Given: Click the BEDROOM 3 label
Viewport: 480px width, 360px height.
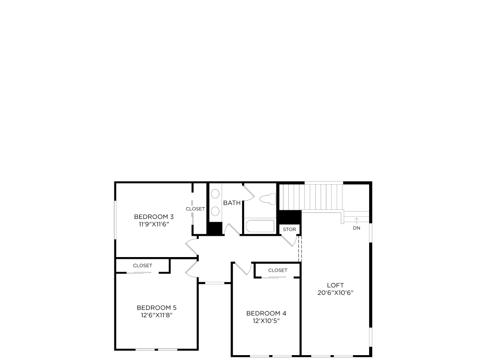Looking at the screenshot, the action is point(154,217).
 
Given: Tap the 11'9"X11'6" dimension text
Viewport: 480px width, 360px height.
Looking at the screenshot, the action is point(154,224).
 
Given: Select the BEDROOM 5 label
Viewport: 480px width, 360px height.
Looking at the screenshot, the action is point(156,307).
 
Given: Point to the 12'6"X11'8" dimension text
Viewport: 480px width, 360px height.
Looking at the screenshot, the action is point(156,315).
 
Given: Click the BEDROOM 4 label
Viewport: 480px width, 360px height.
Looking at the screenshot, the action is point(266,313).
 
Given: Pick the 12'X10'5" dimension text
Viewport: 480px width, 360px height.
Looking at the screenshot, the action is point(266,321).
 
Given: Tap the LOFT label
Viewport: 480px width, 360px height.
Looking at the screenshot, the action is point(335,285).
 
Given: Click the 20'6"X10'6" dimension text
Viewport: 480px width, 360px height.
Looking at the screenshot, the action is point(335,292).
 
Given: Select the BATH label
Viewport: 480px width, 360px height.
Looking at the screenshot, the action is point(232,203).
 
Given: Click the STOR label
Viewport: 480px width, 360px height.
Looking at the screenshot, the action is point(289,229).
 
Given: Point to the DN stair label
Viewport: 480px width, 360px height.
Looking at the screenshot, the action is point(356,228).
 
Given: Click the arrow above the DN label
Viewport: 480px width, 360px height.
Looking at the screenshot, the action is point(356,221).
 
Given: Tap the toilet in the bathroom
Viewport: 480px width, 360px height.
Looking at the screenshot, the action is point(268,199).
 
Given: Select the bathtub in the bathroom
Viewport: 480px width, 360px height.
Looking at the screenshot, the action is point(260,226).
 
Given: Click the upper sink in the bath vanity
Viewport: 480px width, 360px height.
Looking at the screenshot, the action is point(215,194).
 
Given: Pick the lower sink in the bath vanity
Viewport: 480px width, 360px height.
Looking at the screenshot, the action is point(215,211).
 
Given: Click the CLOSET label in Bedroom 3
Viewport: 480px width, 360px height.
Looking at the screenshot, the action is point(195,209).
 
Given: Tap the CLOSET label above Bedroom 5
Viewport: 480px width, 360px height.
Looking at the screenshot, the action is point(143,265).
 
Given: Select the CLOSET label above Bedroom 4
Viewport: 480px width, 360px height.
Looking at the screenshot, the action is point(278,270).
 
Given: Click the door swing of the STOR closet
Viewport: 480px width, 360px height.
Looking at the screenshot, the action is point(291,241).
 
